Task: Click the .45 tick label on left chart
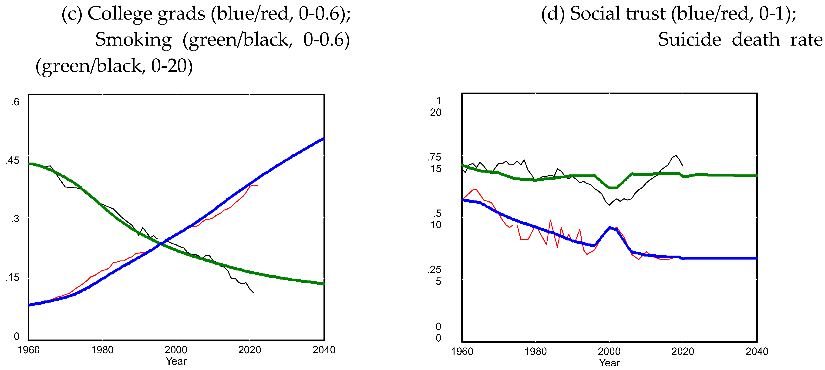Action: click(13, 160)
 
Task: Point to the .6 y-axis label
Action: click(15, 102)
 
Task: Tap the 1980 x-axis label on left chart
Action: click(102, 350)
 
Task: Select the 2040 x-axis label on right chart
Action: click(757, 351)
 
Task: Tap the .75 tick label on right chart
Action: click(434, 157)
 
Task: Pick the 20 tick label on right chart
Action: click(436, 112)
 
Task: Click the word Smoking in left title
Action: click(134, 40)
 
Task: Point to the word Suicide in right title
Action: click(690, 40)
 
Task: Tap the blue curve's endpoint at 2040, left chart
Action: click(324, 139)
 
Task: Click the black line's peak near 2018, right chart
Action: click(676, 156)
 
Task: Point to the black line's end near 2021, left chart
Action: click(254, 293)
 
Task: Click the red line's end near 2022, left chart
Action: click(257, 186)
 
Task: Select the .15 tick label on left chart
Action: click(13, 277)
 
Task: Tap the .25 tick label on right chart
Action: click(434, 270)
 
